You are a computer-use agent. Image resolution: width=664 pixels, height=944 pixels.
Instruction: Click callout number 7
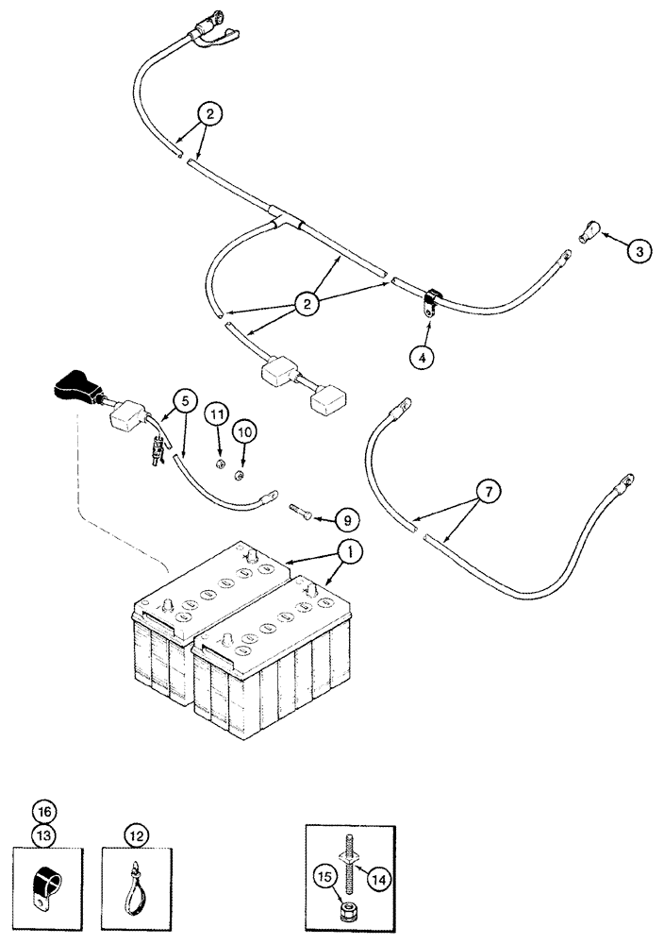click(490, 491)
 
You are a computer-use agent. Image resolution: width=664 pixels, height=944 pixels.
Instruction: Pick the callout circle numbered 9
click(348, 519)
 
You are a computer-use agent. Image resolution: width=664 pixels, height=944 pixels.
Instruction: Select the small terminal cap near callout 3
click(581, 230)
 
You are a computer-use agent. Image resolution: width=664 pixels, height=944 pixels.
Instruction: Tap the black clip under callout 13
click(42, 884)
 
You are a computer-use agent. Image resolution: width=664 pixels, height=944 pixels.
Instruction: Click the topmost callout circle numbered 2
click(210, 114)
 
